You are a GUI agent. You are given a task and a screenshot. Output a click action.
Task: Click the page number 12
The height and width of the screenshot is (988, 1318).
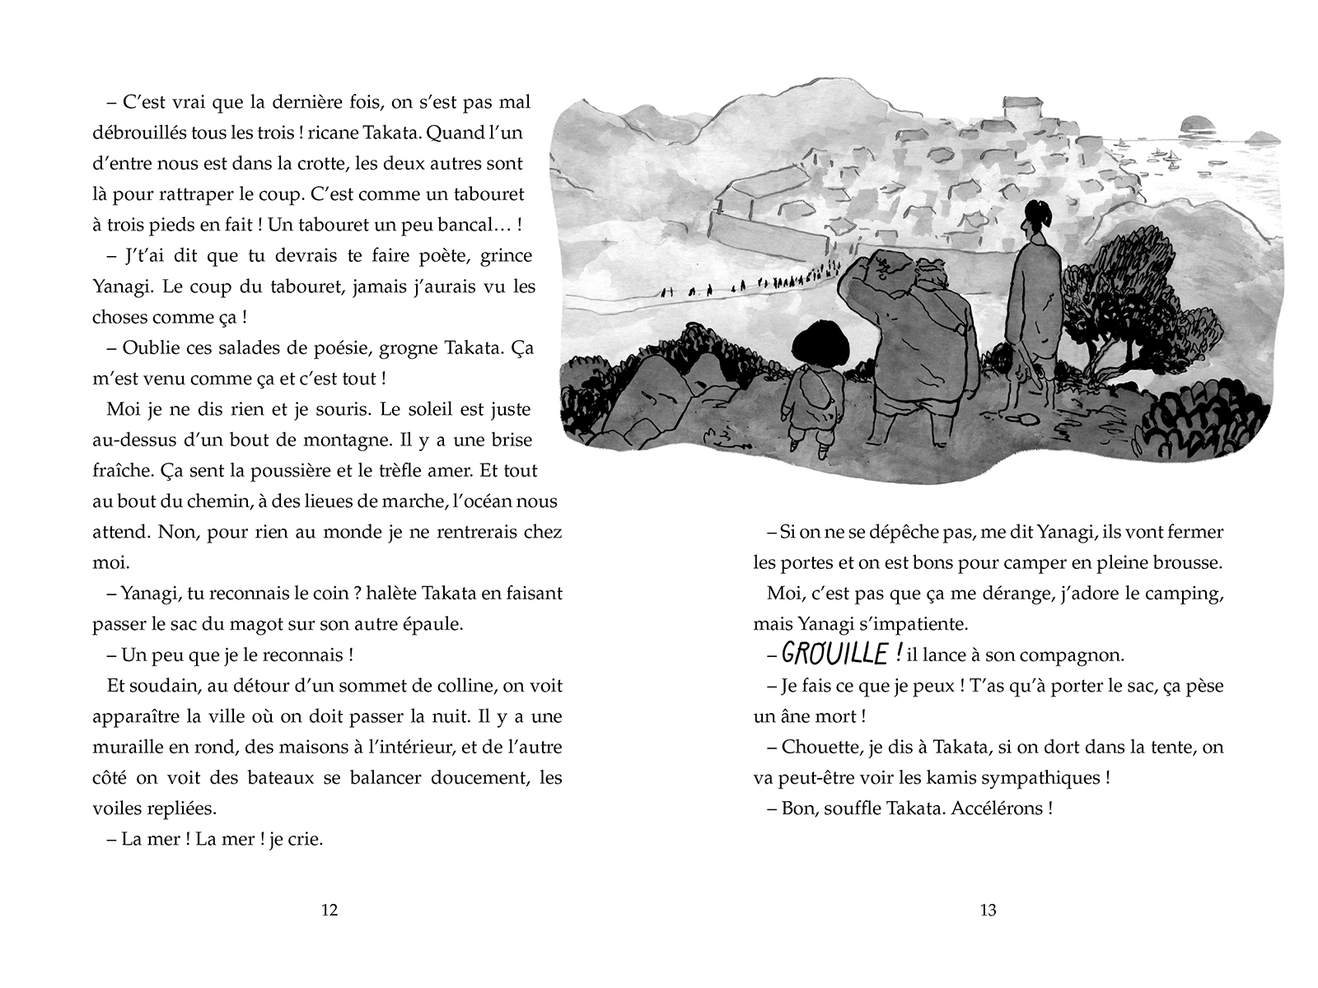coord(329,910)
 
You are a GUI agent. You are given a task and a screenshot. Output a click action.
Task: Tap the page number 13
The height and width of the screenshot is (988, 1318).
coord(988,910)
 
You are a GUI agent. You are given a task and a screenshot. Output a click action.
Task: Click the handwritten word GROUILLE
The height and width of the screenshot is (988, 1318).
coord(834,655)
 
